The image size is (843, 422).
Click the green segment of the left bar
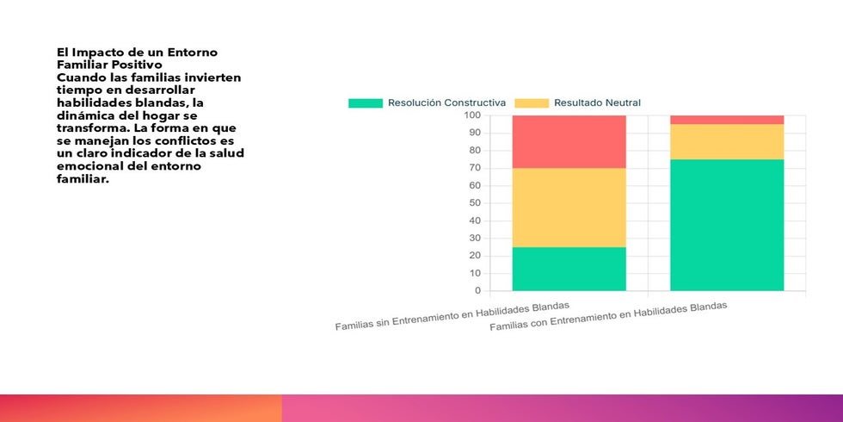pyautogui.click(x=569, y=269)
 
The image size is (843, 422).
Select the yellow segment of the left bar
pyautogui.click(x=569, y=208)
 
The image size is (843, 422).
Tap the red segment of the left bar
pyautogui.click(x=569, y=141)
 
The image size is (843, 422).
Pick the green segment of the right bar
pyautogui.click(x=727, y=225)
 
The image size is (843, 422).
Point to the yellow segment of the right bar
pyautogui.click(x=727, y=142)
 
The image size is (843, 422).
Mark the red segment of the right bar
pyautogui.click(x=727, y=120)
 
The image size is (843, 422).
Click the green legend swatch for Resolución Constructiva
pyautogui.click(x=365, y=103)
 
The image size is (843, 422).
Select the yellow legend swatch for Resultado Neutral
pyautogui.click(x=532, y=103)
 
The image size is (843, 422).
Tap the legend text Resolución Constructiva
pyautogui.click(x=446, y=103)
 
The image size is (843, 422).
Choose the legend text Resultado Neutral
pyautogui.click(x=597, y=103)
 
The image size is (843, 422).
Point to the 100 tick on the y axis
pyautogui.click(x=471, y=115)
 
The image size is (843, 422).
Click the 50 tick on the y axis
pyautogui.click(x=474, y=203)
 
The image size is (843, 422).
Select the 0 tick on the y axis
pyautogui.click(x=477, y=291)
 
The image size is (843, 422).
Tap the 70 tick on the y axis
pyautogui.click(x=474, y=168)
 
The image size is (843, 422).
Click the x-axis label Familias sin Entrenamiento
pyautogui.click(x=452, y=316)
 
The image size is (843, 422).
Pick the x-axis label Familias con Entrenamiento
pyautogui.click(x=608, y=318)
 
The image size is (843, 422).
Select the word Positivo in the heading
pyautogui.click(x=133, y=65)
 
